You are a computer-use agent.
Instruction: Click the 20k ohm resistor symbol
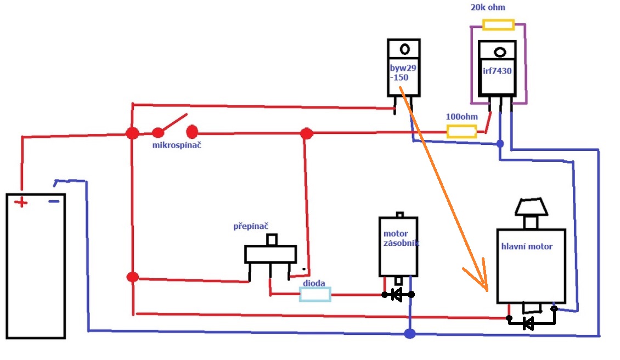click(x=498, y=25)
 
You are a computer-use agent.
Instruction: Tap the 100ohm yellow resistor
click(x=461, y=131)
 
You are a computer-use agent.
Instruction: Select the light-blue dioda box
click(x=315, y=295)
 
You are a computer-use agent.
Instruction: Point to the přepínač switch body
click(x=270, y=254)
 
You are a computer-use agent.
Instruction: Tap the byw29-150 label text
click(x=403, y=73)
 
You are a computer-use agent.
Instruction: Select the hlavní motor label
click(x=527, y=246)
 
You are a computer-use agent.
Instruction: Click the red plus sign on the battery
click(x=21, y=203)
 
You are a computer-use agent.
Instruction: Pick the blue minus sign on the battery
click(x=54, y=201)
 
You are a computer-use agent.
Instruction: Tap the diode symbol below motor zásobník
click(x=398, y=295)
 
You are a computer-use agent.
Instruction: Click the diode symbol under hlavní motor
click(x=528, y=323)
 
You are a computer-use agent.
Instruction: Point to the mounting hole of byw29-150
click(x=405, y=49)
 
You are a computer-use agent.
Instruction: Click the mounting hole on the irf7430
click(x=499, y=53)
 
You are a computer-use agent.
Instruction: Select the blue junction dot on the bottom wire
click(x=409, y=333)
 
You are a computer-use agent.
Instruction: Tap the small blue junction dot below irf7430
click(x=499, y=144)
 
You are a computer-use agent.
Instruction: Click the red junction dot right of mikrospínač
click(x=307, y=133)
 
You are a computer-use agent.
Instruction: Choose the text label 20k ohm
click(x=488, y=7)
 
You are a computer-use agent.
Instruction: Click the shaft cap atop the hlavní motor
click(x=531, y=207)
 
